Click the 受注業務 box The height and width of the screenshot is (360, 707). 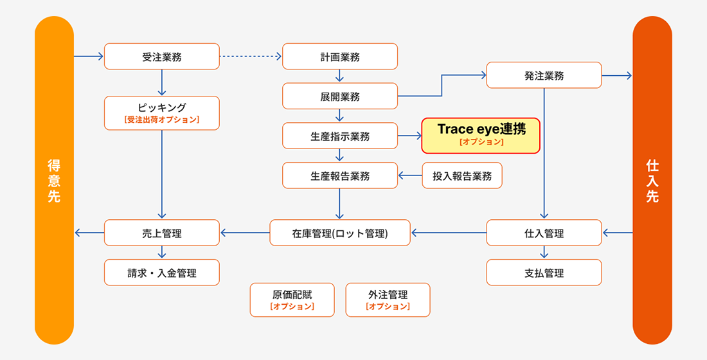(x=162, y=57)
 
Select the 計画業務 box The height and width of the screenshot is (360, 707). (x=340, y=57)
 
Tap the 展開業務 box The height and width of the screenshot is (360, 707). (x=340, y=96)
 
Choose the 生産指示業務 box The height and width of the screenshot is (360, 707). (x=340, y=136)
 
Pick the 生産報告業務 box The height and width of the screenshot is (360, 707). (x=340, y=175)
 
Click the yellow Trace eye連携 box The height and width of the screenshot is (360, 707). (x=481, y=135)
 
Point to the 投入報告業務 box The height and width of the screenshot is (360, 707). (x=462, y=175)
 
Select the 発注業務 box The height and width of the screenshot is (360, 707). (x=544, y=75)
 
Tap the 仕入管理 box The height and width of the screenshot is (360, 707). (x=544, y=233)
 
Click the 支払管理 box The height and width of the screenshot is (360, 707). (x=544, y=273)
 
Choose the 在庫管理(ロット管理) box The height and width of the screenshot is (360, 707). (x=339, y=233)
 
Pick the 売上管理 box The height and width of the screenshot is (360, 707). (x=162, y=233)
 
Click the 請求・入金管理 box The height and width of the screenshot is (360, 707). (x=162, y=273)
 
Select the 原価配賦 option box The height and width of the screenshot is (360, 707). (x=292, y=300)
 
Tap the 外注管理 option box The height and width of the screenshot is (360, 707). (x=388, y=300)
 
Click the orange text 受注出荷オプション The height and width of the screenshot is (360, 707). (x=162, y=120)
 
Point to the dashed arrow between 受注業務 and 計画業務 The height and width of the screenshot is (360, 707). (x=251, y=57)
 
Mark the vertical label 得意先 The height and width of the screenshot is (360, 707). (x=54, y=181)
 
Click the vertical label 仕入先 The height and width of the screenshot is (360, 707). (x=652, y=181)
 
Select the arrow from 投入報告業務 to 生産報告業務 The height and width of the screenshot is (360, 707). (x=410, y=175)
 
